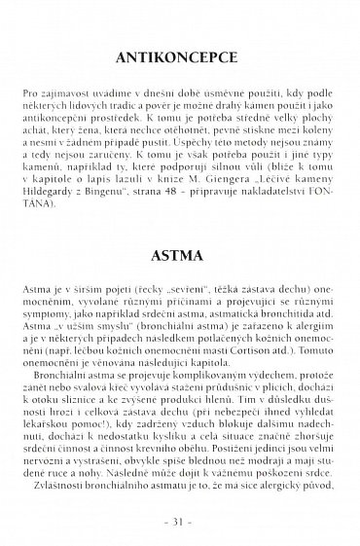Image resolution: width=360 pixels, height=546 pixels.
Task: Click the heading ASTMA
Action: [x=179, y=260]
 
